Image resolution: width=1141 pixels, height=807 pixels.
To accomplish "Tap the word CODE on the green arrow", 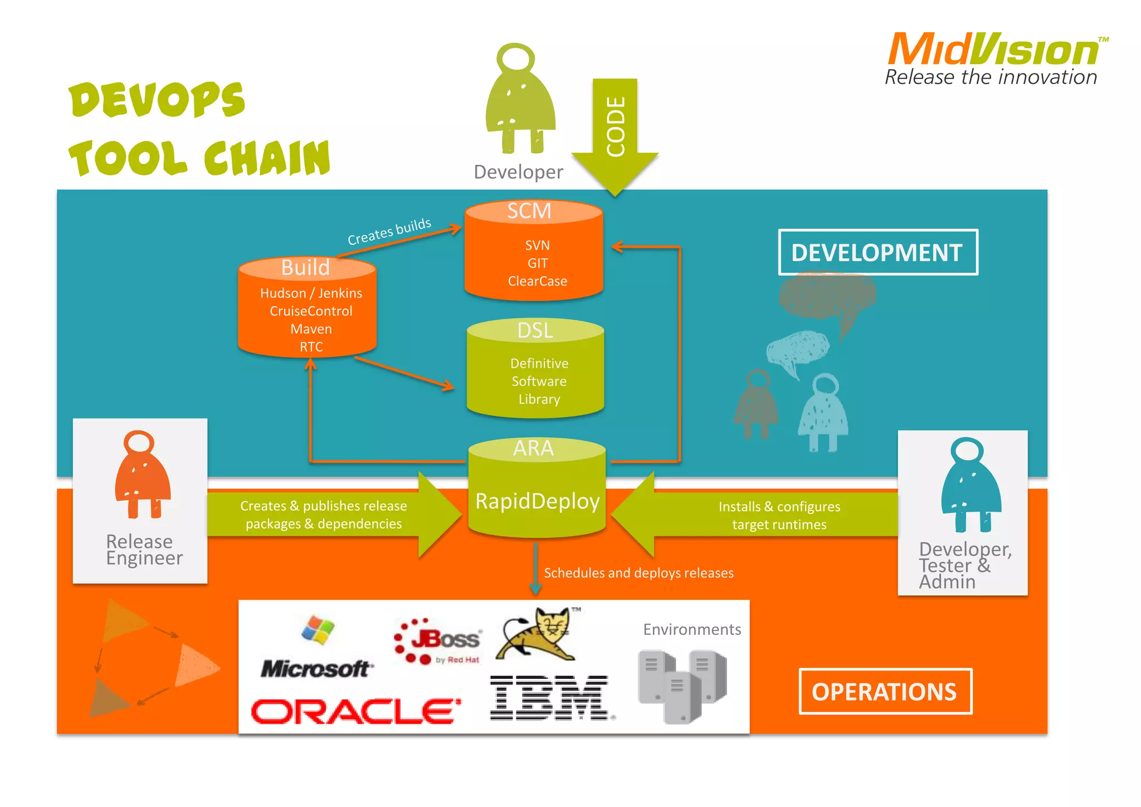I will click(x=616, y=126).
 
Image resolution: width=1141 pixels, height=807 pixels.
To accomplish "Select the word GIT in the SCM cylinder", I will click(x=538, y=263).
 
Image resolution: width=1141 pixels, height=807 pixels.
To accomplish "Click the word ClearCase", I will click(x=537, y=281).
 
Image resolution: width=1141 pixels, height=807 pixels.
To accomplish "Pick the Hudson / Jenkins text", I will click(x=311, y=293).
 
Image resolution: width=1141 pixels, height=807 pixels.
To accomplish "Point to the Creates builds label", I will click(x=389, y=232).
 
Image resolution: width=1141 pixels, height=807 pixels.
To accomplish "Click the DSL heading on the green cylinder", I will click(x=535, y=330).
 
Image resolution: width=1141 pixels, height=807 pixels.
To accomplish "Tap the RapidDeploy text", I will click(x=537, y=501).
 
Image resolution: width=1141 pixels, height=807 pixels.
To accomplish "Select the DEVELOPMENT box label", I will click(x=877, y=252).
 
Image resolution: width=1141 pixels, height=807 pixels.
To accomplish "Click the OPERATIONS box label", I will click(x=884, y=692).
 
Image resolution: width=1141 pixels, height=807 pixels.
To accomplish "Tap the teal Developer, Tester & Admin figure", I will click(x=970, y=485).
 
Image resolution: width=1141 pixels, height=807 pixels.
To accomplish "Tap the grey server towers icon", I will click(x=683, y=686).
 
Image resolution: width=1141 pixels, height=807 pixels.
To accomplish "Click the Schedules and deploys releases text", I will click(x=638, y=573).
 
